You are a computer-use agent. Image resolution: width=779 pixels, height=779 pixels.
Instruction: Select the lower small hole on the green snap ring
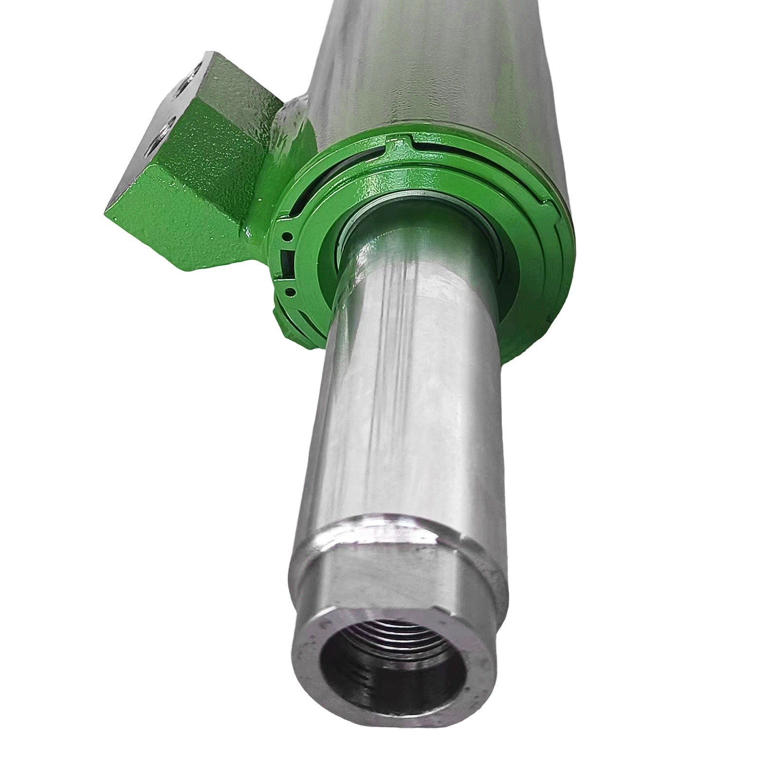point(290,292)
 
